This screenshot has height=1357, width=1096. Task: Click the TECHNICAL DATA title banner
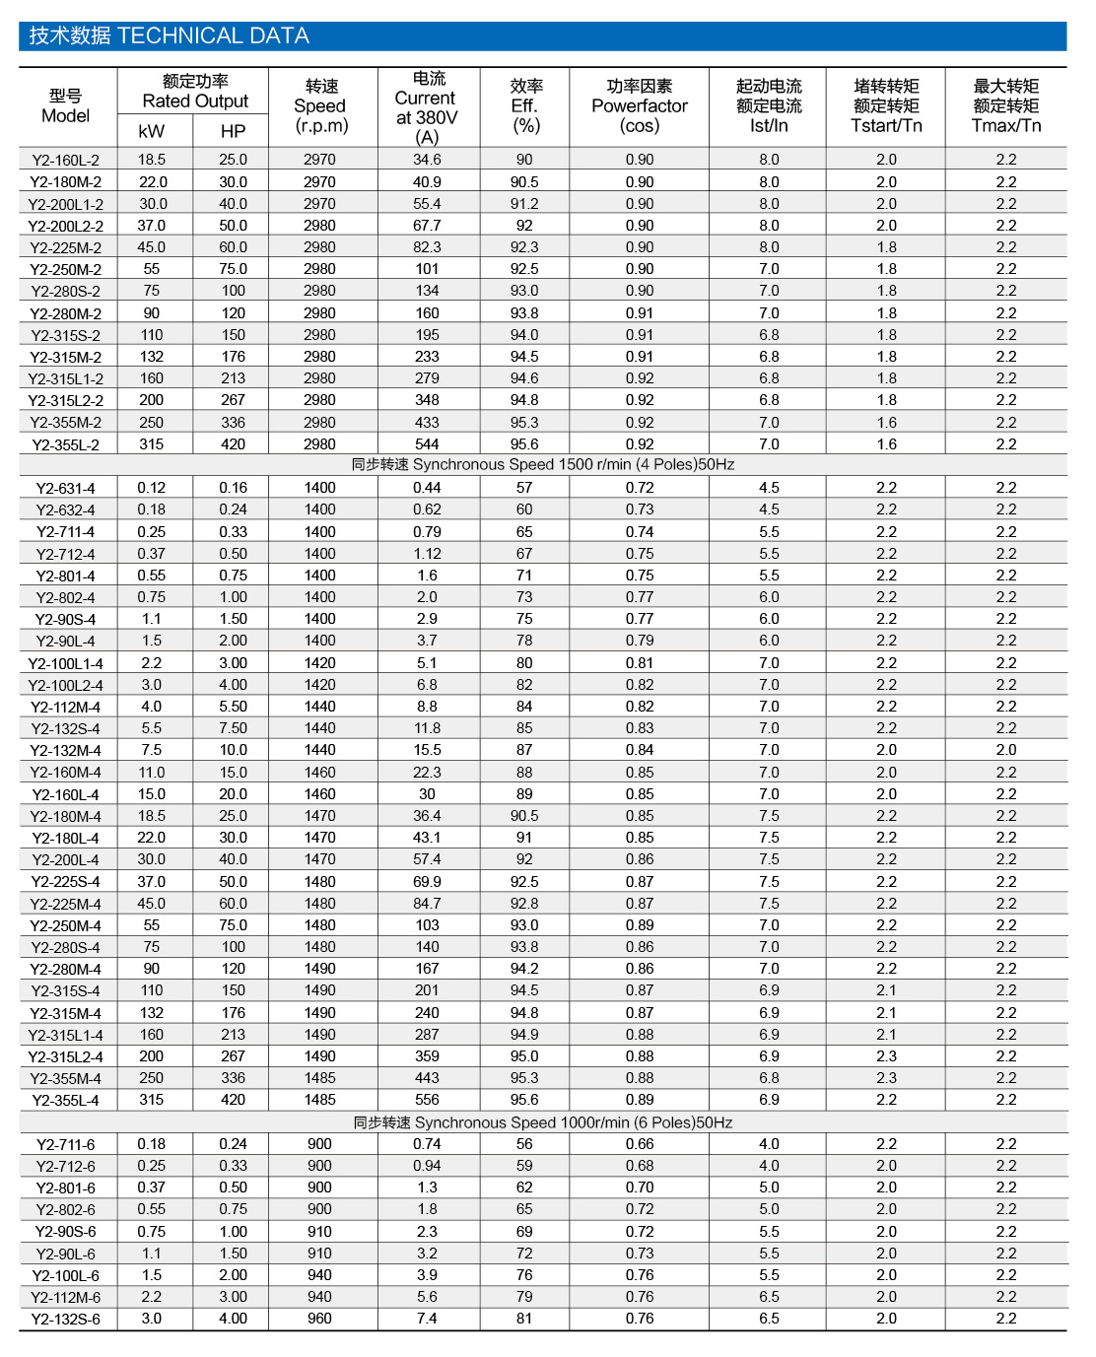[x=169, y=36]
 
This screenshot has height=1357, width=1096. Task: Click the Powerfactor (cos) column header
[x=639, y=105]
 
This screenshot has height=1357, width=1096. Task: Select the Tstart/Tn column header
[x=886, y=105]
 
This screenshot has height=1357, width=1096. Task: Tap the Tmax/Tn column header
[x=1005, y=105]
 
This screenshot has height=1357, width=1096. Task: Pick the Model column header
[x=66, y=105]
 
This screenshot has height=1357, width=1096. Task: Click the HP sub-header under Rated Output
[x=233, y=131]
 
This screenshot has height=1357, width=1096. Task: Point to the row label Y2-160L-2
[x=66, y=160]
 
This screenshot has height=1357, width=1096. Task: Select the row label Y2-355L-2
[x=66, y=444]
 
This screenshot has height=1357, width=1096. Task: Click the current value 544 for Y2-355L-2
[x=427, y=444]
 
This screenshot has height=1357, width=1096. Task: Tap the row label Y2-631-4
[x=66, y=488]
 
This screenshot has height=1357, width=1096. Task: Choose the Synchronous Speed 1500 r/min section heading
[x=543, y=465]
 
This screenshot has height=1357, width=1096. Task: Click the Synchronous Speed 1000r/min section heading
[x=543, y=1122]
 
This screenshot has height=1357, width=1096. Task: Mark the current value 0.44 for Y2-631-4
[x=427, y=488]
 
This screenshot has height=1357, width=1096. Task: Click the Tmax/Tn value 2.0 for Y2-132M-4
[x=1005, y=750]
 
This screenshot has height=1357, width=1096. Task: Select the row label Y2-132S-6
[x=66, y=1319]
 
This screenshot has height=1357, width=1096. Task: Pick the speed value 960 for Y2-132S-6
[x=319, y=1319]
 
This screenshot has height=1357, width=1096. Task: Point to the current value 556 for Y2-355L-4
[x=427, y=1100]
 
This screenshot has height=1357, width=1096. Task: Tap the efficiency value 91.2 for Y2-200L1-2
[x=524, y=204]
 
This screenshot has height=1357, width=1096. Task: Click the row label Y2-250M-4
[x=66, y=925]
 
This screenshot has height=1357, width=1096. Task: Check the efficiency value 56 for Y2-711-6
[x=524, y=1144]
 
